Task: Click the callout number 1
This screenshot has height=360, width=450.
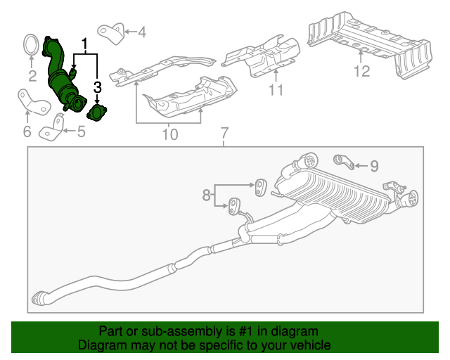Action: tap(84, 44)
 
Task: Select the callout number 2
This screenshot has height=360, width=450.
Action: tap(32, 76)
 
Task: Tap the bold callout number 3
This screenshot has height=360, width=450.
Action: tap(98, 87)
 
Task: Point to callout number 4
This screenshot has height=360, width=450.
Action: tap(142, 32)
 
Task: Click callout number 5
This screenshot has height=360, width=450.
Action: tap(82, 131)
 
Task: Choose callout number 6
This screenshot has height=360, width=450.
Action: tap(27, 131)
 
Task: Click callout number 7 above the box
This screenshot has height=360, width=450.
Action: tap(224, 133)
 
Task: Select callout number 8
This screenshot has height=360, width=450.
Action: tap(206, 195)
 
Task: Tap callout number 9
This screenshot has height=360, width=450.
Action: tap(374, 166)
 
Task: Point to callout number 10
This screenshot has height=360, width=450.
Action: tap(170, 134)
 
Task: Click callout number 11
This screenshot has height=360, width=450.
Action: tap(276, 89)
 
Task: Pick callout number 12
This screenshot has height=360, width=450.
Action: tap(361, 71)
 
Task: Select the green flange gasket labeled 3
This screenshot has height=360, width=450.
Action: tap(97, 112)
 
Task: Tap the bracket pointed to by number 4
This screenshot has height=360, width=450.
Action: tap(111, 34)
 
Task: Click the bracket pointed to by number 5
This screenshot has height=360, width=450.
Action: tap(51, 129)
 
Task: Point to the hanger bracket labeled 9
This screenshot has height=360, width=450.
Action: tap(344, 162)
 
